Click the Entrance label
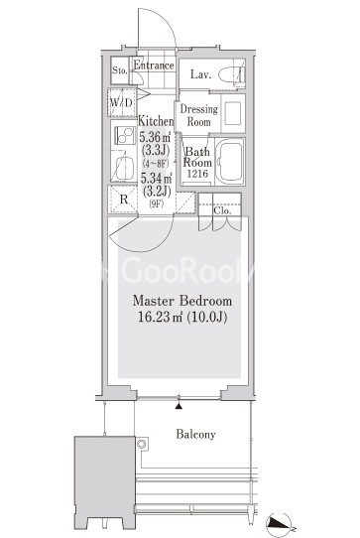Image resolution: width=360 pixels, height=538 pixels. point(154,66)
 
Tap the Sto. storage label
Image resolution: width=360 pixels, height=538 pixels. point(120,70)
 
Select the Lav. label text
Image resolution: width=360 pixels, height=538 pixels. point(200,74)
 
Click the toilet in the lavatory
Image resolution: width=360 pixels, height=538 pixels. point(231,74)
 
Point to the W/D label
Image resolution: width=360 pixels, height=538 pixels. point(121,102)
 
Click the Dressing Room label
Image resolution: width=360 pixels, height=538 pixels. point(199,115)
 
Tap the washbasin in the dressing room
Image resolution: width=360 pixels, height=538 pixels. point(234,113)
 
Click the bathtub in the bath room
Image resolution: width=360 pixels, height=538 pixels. point(231,161)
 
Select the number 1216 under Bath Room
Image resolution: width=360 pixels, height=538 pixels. point(197,174)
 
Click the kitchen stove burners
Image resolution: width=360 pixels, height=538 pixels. point(125,135)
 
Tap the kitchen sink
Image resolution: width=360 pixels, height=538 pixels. point(124,168)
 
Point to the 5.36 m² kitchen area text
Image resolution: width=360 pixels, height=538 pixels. point(155,137)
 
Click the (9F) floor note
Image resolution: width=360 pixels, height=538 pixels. point(156,203)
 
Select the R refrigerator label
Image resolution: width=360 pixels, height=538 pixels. point(124,200)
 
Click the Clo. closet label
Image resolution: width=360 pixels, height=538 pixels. point(222,210)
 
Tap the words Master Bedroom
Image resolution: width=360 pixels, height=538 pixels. point(182,301)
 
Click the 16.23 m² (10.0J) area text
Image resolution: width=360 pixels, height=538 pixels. point(182,317)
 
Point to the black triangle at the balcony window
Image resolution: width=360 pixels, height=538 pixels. point(179,406)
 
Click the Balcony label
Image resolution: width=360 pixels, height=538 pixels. point(195,435)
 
